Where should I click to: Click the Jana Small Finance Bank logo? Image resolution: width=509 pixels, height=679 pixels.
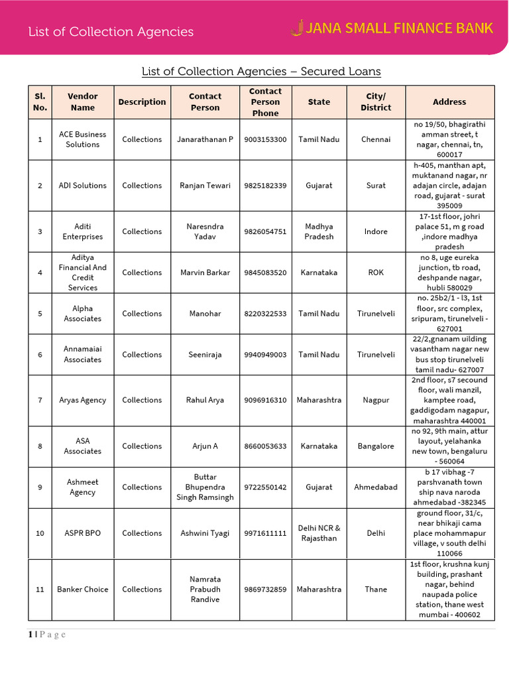point(392,29)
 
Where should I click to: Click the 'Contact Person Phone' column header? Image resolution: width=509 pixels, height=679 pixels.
point(265,102)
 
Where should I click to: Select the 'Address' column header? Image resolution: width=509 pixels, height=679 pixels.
point(449,102)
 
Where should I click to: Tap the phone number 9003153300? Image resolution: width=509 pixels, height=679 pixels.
point(265,139)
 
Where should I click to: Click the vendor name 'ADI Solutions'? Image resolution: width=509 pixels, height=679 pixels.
point(83,186)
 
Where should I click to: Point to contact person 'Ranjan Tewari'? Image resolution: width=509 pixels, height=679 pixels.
point(205,186)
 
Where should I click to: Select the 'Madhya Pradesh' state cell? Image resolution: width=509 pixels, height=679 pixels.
point(319,231)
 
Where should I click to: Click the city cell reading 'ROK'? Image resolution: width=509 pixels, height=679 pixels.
point(376,273)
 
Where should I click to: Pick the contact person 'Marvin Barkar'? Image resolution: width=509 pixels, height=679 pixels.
point(205,273)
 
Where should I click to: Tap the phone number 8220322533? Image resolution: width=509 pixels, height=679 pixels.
point(265,314)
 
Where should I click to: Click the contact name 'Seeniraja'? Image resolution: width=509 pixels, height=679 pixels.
point(205,355)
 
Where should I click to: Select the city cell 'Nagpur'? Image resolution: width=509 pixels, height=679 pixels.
point(376,401)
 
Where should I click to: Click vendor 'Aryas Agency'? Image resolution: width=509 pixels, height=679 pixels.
point(83,401)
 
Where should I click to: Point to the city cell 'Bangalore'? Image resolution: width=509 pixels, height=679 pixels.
point(376,446)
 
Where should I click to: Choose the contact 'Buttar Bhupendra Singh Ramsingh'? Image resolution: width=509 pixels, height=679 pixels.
point(205,487)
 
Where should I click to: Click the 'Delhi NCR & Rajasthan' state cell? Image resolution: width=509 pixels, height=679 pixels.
point(319,533)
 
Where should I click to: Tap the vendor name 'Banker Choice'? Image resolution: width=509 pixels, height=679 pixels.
point(83,589)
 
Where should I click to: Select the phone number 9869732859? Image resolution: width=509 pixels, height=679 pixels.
point(265,589)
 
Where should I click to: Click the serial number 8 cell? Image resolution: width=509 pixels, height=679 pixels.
point(40,446)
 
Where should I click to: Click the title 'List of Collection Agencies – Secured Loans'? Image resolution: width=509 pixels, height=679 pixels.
point(261,72)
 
